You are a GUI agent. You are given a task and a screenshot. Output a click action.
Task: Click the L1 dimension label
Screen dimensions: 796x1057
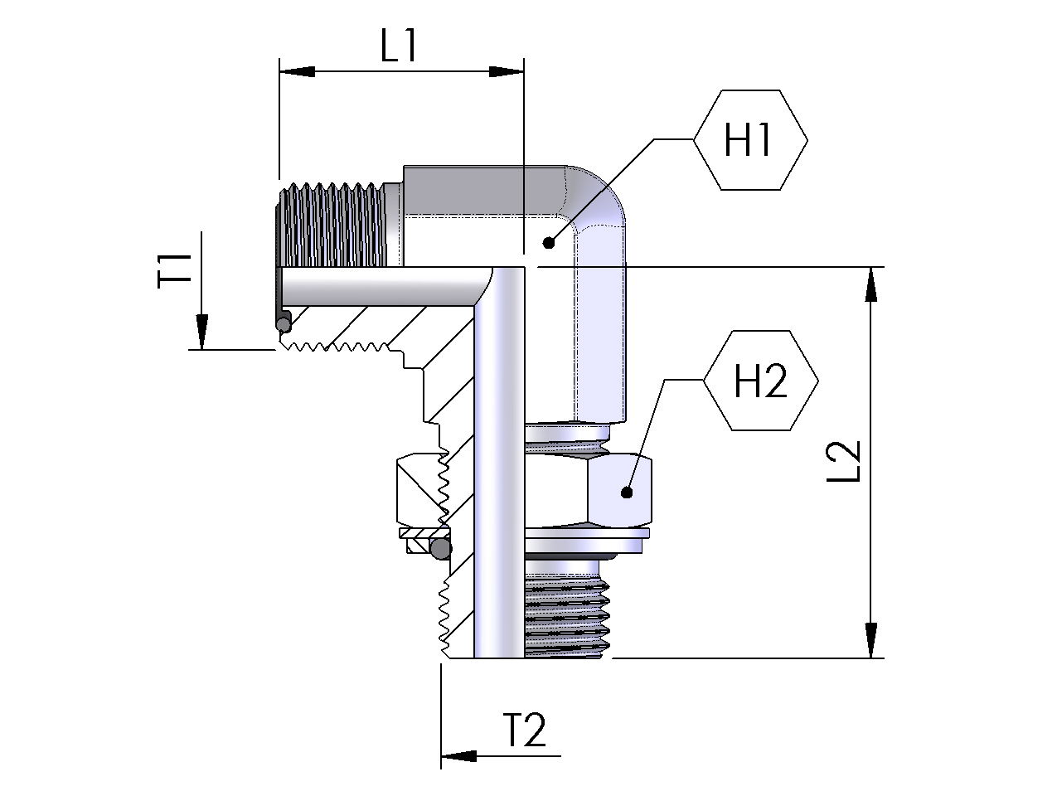pos(398,47)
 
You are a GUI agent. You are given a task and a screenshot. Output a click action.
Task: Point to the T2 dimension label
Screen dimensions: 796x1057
pos(525,730)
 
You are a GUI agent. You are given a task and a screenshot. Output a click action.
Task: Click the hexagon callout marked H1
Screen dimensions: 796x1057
pos(749,140)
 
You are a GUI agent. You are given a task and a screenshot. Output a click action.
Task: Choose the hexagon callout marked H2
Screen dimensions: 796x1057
pos(760,381)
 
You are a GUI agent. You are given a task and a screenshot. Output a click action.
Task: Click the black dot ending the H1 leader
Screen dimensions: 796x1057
pos(547,243)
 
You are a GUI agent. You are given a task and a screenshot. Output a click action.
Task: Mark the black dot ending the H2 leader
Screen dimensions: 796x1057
pos(627,493)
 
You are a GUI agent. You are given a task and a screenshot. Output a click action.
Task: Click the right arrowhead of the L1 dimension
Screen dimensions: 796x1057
pos(507,71)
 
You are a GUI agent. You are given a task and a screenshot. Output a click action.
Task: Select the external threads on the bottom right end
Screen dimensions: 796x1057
pos(567,609)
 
